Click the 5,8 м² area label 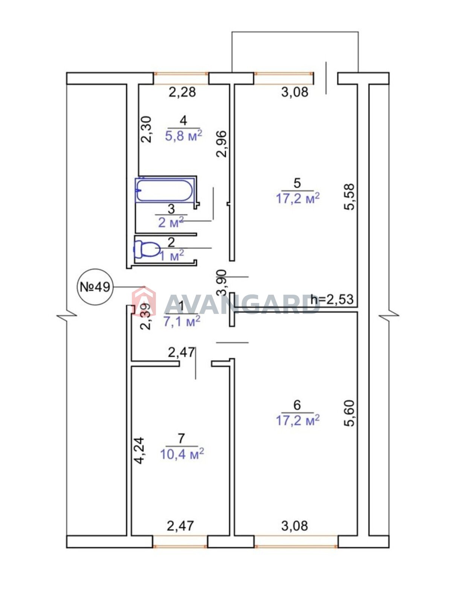(184, 135)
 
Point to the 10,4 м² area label (182, 454)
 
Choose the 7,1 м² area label (182, 321)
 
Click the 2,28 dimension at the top (182, 92)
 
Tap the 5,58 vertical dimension (350, 197)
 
